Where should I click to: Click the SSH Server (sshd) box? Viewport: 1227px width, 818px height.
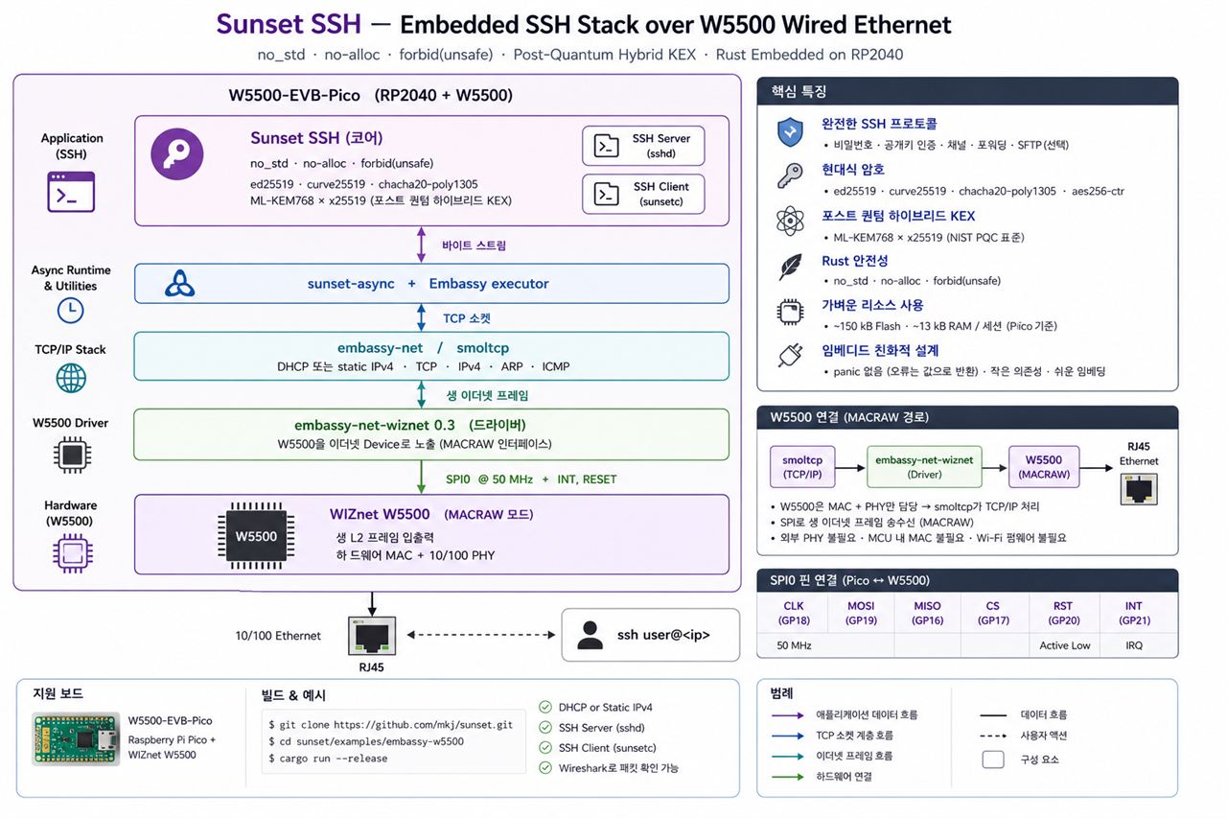(x=643, y=146)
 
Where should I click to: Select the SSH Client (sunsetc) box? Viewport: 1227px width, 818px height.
(x=643, y=194)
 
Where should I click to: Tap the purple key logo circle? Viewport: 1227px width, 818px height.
(x=177, y=154)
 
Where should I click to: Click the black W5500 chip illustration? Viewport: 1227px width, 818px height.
(x=256, y=536)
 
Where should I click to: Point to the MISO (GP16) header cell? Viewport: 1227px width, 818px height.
(x=927, y=613)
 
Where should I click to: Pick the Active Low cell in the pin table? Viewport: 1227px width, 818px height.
(x=1064, y=645)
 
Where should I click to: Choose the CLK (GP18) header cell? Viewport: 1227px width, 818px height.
(x=793, y=613)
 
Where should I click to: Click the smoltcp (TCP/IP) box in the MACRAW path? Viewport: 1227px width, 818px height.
(x=802, y=467)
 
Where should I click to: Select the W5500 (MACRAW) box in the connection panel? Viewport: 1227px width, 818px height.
(x=1044, y=467)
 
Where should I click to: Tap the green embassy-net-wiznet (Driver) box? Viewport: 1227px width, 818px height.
(x=924, y=467)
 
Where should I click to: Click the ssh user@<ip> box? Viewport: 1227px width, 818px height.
(x=650, y=635)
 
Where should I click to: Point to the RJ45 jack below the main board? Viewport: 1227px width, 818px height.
(x=372, y=636)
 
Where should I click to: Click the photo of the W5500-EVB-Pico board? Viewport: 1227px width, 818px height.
(x=76, y=738)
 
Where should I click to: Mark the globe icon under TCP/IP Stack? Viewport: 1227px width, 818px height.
(x=71, y=378)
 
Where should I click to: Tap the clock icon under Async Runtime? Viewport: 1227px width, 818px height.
(x=71, y=311)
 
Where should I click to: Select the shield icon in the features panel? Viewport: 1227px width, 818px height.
(x=790, y=132)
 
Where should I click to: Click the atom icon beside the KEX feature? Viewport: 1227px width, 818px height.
(x=790, y=222)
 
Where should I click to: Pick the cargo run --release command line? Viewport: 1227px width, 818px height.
(x=328, y=759)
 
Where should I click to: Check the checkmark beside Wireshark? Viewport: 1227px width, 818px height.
(x=545, y=767)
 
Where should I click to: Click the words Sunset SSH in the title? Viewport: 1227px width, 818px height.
(x=289, y=24)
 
